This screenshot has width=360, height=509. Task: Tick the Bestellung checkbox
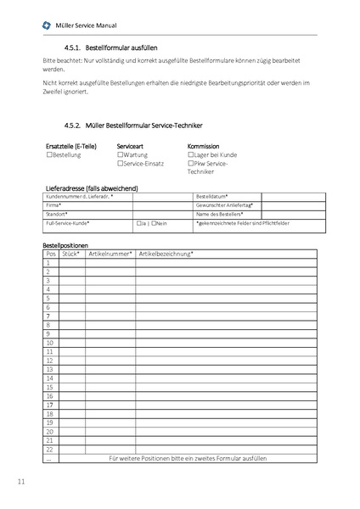coord(48,155)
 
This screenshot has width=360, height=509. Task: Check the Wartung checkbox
coord(119,155)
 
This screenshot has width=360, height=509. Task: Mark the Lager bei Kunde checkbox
coord(190,155)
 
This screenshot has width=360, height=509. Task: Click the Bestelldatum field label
coord(211,196)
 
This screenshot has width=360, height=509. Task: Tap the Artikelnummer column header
coord(110,254)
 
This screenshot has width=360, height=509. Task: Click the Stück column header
coord(71,254)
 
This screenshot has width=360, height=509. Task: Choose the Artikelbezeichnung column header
coord(166,254)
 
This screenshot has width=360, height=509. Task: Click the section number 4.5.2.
coord(74,126)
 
